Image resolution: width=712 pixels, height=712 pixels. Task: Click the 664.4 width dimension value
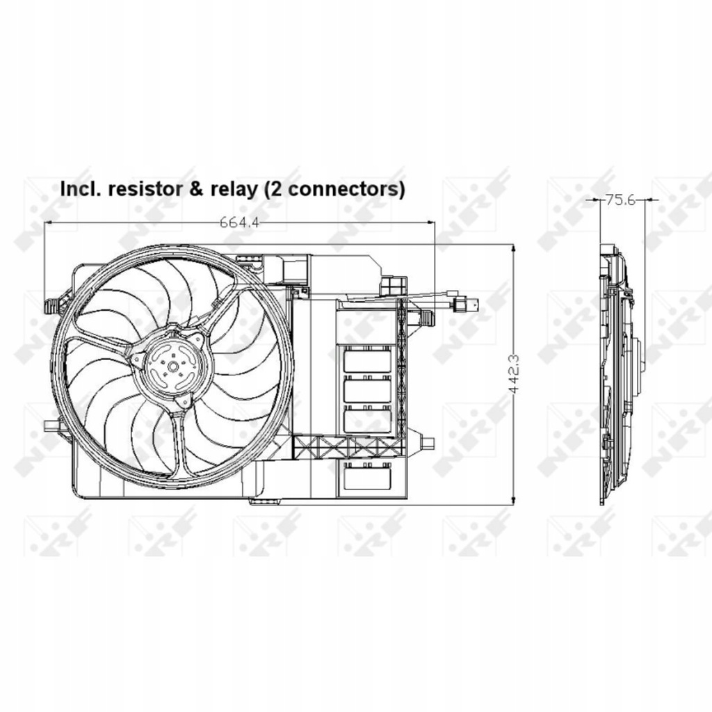[x=239, y=222]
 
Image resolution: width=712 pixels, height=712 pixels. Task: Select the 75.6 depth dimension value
[x=621, y=200]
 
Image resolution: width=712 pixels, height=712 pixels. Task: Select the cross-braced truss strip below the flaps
[x=348, y=446]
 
